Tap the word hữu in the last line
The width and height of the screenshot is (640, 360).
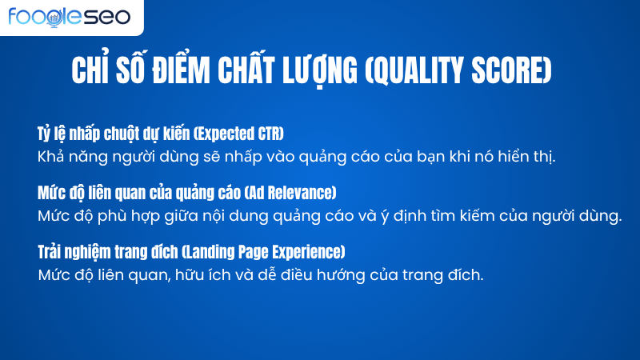tap(204, 275)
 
